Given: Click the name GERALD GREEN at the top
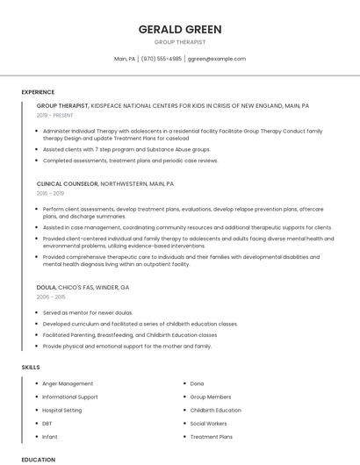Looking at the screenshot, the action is coord(180,30).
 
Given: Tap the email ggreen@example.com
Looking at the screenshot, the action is coord(216,59).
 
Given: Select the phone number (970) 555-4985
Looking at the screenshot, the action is coord(162,59).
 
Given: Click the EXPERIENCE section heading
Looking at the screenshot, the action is coord(38,92).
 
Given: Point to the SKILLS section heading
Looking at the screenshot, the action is coord(31,366).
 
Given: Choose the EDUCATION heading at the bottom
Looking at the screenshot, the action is coord(38,459).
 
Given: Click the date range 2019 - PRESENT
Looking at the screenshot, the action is coord(55,115).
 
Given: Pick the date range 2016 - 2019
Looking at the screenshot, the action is coord(50,193).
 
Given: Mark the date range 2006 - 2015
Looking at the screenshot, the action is coord(50,297).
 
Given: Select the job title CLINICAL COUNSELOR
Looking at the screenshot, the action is coord(67,184).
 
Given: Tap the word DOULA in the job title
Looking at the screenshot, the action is coord(46,287).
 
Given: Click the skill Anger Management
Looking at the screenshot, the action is coord(68,383).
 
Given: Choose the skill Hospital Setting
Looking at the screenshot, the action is coord(62,410).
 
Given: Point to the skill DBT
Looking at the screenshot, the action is coord(47,423).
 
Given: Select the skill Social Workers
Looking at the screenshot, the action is coord(208,423).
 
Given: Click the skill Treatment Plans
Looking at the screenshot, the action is coord(211,436).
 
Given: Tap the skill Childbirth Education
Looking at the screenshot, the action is coord(215,410).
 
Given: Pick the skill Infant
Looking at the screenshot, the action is coord(50,436).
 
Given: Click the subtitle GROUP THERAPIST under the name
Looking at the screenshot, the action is coord(180,42).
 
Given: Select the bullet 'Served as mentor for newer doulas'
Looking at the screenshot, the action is coord(88,312).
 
